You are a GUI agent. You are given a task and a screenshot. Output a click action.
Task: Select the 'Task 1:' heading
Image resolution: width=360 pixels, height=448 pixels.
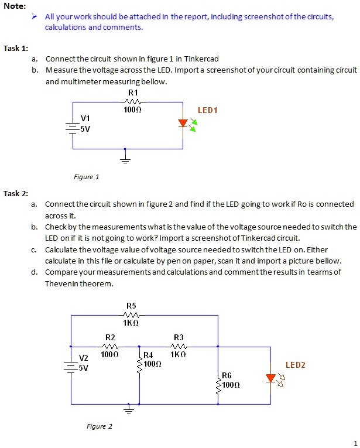pos(16,48)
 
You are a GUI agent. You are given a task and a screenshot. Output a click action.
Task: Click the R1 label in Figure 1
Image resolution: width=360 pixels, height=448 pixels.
pos(133,93)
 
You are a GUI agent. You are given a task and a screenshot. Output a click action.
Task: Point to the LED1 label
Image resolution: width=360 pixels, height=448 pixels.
pos(207,110)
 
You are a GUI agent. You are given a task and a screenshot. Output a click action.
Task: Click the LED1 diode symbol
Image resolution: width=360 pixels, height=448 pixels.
pos(183,124)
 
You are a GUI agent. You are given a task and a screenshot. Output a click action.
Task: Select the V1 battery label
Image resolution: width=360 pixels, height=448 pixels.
pos(85,119)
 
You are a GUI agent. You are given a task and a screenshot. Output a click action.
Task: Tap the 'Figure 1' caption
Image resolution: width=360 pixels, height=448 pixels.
pos(86,177)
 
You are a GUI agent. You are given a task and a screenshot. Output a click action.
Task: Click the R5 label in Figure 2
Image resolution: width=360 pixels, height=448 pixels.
pos(131,306)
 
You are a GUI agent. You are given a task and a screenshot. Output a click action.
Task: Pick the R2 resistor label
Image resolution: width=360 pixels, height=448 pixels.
pos(110,337)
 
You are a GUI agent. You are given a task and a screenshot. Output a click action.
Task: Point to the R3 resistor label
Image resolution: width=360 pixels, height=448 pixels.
pos(179,337)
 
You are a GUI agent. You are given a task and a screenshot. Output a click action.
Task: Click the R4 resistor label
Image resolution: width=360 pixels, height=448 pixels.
pos(149,355)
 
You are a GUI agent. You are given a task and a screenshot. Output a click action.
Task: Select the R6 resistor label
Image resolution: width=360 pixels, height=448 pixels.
pos(227,375)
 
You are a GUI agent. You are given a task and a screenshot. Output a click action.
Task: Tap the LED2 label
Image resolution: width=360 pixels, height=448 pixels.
pos(295,365)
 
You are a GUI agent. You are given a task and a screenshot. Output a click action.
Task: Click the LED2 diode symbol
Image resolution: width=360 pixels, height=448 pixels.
pos(270,378)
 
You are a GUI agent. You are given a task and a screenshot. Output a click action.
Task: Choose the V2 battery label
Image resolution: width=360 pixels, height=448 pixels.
pos(84,358)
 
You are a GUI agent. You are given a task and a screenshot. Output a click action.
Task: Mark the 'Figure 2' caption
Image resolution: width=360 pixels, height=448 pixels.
pos(99,426)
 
